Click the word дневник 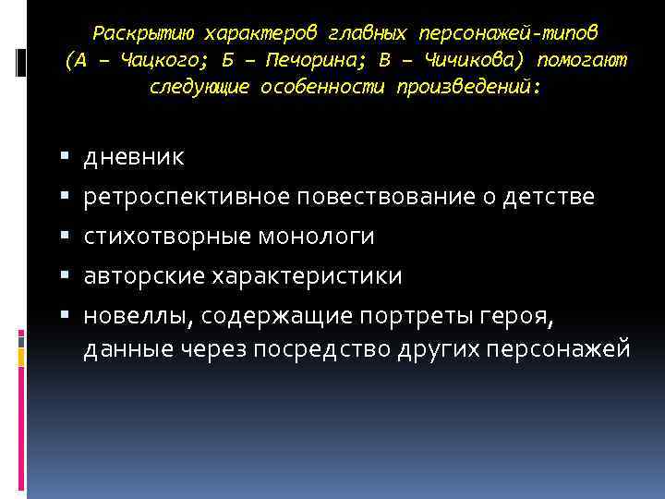pos(134,158)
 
